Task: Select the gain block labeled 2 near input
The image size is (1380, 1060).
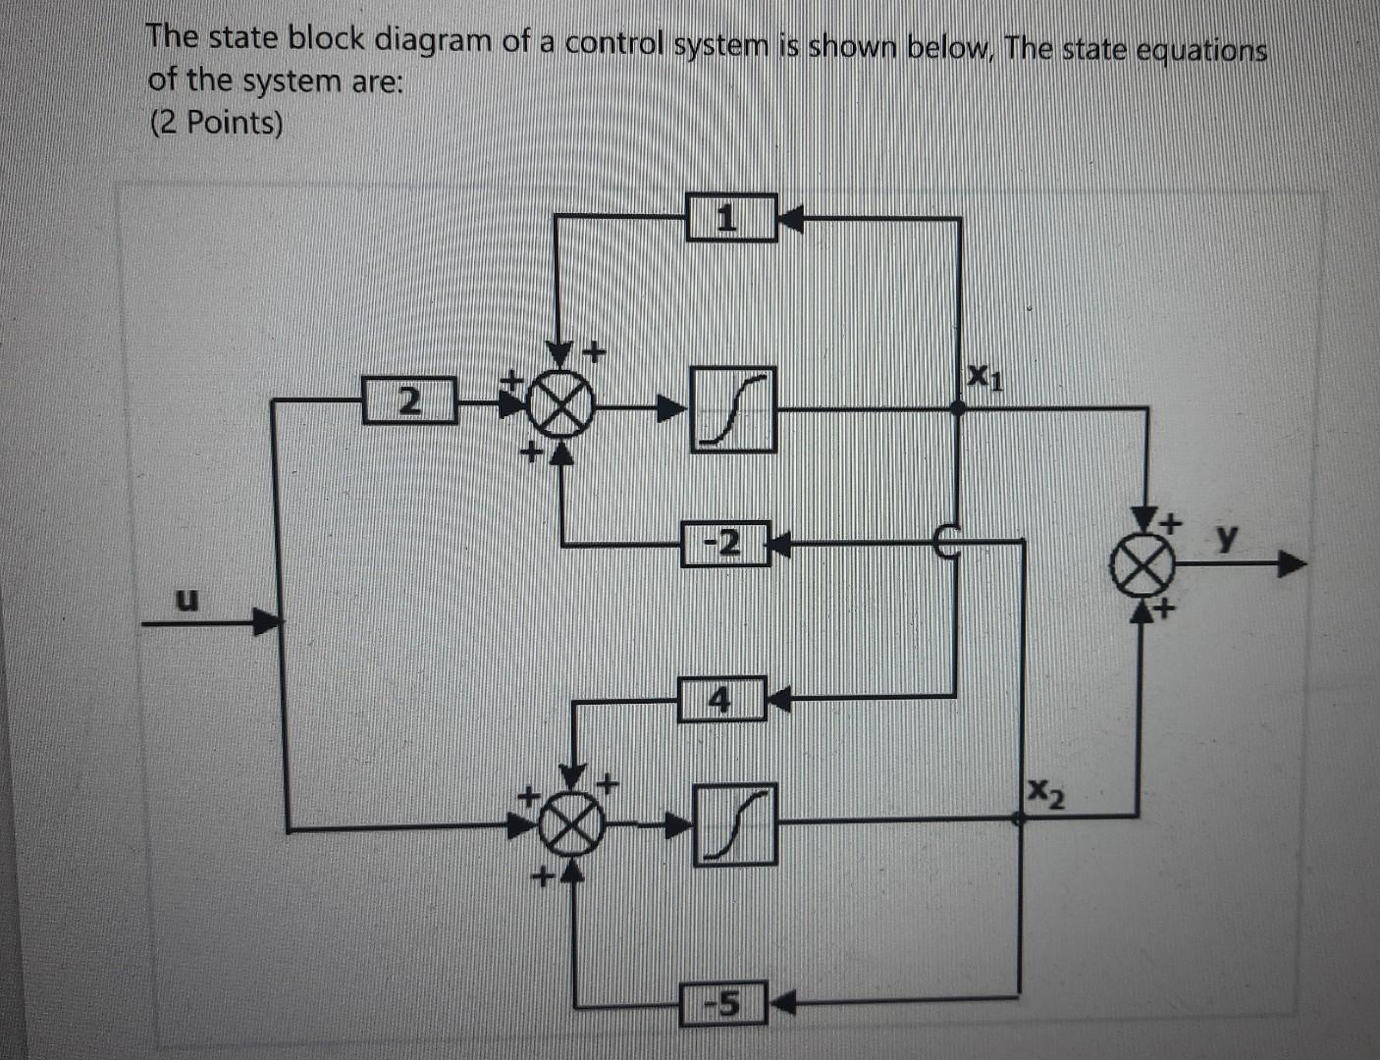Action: [x=409, y=400]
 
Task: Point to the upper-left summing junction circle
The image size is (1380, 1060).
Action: [x=559, y=406]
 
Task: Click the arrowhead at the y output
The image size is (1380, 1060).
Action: [x=1294, y=565]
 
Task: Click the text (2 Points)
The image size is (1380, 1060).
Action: [x=215, y=124]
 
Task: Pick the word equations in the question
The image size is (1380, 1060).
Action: [x=1200, y=49]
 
